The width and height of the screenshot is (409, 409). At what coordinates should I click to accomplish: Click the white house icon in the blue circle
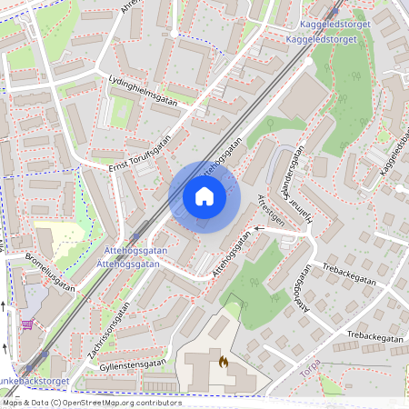(204, 196)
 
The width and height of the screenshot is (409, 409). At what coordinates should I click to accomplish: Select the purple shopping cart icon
(28, 324)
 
